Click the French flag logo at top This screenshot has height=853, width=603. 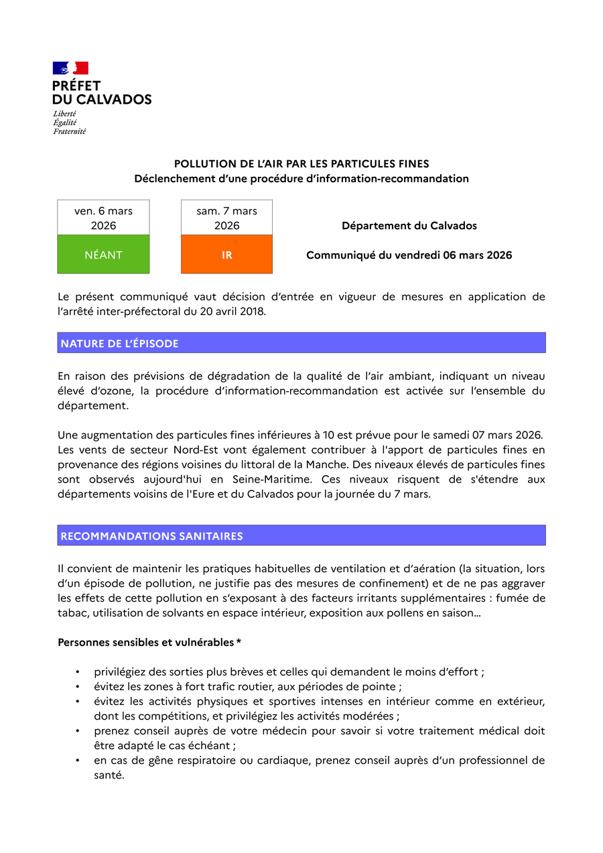[70, 68]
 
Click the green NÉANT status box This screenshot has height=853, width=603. [103, 255]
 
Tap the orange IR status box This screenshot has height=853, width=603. [226, 255]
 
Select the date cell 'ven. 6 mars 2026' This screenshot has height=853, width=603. [103, 218]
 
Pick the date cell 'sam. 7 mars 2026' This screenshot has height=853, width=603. [226, 218]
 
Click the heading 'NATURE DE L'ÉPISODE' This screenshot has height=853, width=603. [120, 343]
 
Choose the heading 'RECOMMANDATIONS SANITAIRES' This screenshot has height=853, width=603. [151, 536]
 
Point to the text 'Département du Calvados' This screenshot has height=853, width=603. [409, 226]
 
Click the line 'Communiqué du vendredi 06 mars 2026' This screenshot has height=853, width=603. [409, 255]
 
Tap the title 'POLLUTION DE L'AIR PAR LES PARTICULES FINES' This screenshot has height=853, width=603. [301, 163]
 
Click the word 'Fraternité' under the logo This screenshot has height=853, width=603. [70, 131]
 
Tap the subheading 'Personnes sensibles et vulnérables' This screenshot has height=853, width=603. [147, 642]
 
